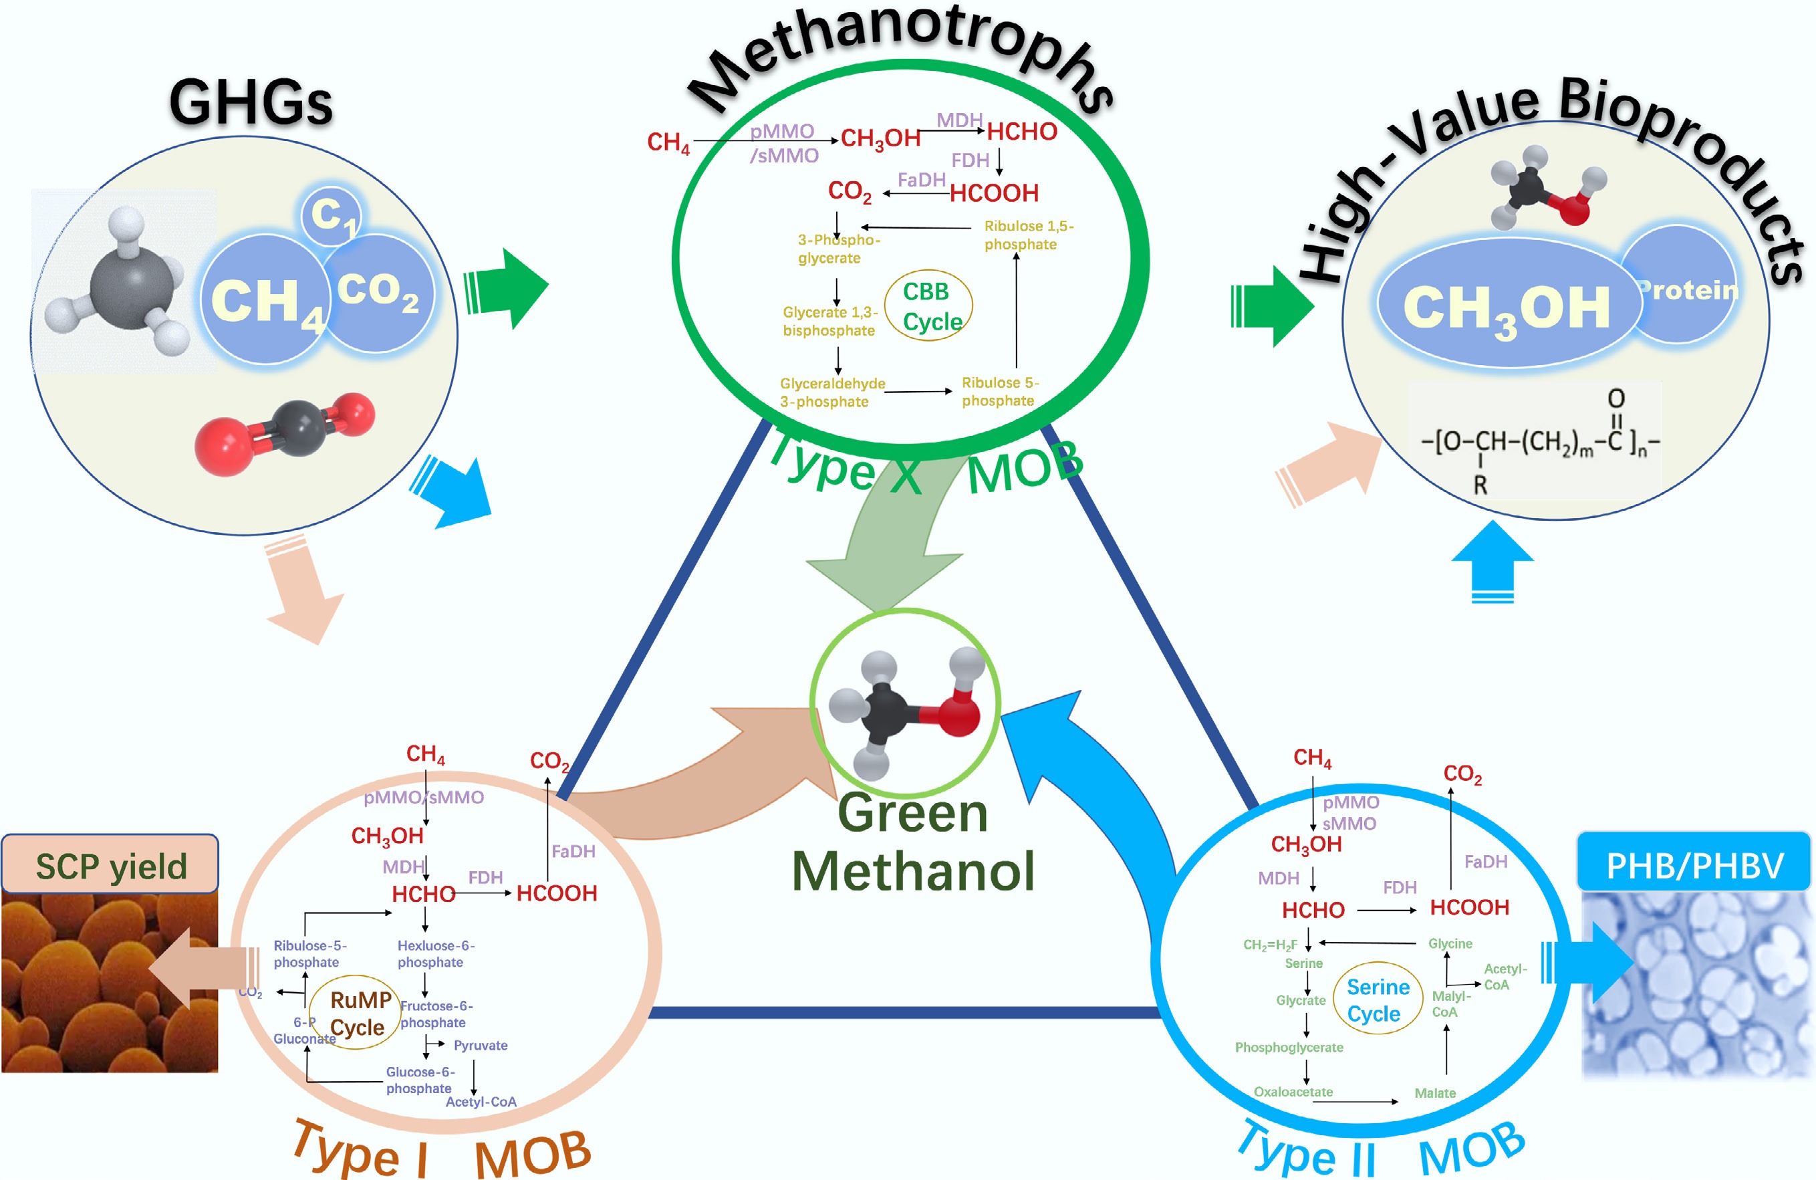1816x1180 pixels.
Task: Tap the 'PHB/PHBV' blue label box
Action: coord(1694,864)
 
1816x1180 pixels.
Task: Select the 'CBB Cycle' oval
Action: coord(928,306)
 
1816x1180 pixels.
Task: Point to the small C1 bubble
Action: coord(330,215)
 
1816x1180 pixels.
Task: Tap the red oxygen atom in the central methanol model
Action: coord(958,713)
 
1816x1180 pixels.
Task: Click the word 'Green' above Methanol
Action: coord(912,814)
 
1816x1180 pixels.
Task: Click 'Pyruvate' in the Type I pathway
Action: coord(480,1045)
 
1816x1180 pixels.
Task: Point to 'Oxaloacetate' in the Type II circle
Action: coord(1293,1092)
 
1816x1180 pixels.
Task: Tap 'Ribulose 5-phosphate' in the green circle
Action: coord(999,392)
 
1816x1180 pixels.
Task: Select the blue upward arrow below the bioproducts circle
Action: coord(1492,561)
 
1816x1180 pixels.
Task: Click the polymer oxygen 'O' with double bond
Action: coord(1616,398)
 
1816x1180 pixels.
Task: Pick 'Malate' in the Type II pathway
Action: coord(1434,1093)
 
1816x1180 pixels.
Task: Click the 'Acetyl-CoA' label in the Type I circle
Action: coord(481,1101)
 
